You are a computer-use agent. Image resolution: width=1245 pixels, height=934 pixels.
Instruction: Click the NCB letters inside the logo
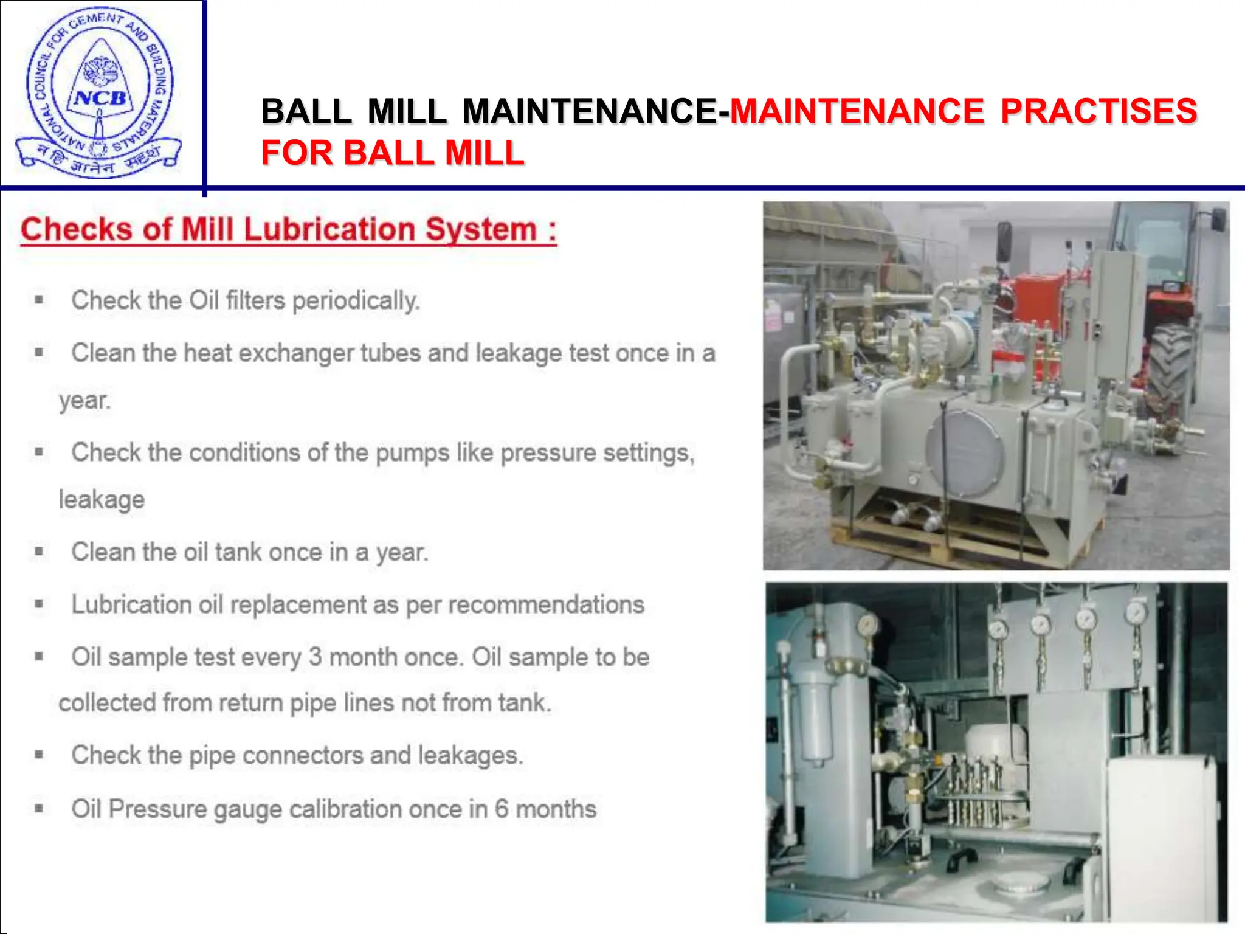(x=100, y=98)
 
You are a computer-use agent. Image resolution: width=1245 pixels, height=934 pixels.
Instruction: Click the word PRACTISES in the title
(x=1098, y=111)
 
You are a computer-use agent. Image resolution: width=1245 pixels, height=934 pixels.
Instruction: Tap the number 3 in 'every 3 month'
(x=315, y=657)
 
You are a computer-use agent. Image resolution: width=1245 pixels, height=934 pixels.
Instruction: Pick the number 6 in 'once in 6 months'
(x=501, y=809)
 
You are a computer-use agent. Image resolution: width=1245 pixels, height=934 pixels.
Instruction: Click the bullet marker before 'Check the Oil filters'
(x=39, y=300)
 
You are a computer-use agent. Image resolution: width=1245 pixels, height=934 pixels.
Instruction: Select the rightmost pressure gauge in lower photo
(x=1135, y=614)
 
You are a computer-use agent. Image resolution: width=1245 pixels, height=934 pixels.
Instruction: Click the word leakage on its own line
(x=102, y=500)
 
